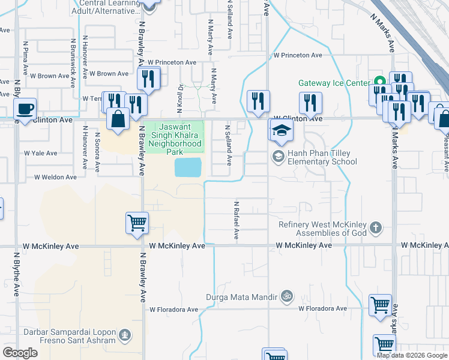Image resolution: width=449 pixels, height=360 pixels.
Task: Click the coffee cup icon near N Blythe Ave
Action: pyautogui.click(x=25, y=109)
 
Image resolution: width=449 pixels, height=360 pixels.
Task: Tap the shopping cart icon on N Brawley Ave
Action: pyautogui.click(x=137, y=223)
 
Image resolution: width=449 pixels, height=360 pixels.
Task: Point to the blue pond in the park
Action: pyautogui.click(x=188, y=167)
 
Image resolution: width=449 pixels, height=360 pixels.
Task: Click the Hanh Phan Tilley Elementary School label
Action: pyautogui.click(x=322, y=157)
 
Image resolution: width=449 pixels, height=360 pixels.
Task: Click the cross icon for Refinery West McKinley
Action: pyautogui.click(x=376, y=227)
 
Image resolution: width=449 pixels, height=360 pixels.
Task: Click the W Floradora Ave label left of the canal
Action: pyautogui.click(x=174, y=310)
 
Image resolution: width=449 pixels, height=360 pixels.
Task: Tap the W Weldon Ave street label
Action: pyautogui.click(x=55, y=177)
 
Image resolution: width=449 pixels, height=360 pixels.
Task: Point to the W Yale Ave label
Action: pyautogui.click(x=41, y=153)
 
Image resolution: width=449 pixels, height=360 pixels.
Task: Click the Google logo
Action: pyautogui.click(x=20, y=352)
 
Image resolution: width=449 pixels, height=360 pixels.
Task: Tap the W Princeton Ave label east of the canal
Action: pyautogui.click(x=298, y=55)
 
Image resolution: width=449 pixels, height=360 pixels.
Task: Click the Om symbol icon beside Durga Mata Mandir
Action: pyautogui.click(x=286, y=296)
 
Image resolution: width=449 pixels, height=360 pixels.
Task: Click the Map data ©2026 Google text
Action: pyautogui.click(x=412, y=355)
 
